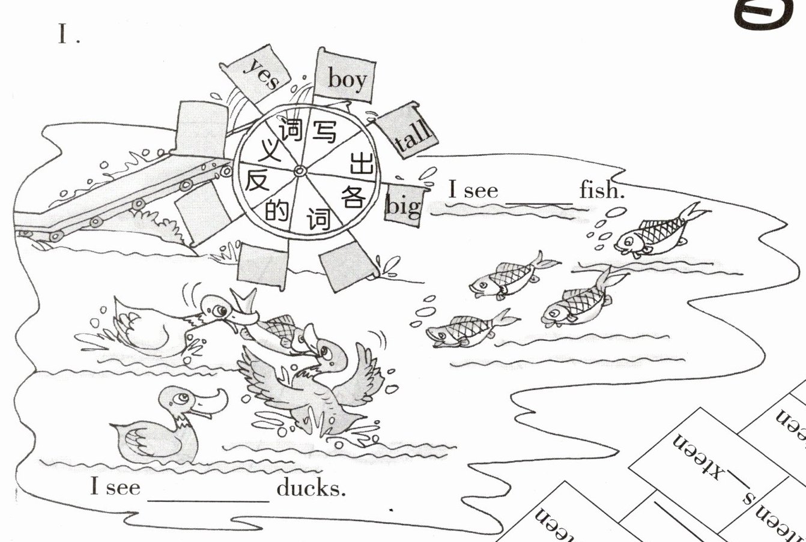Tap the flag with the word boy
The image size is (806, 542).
pos(346,77)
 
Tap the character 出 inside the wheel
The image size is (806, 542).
pos(360,163)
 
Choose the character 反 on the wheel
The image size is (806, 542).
pos(256,179)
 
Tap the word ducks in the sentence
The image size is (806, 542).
pos(311,487)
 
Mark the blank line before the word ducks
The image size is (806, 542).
pos(208,498)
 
